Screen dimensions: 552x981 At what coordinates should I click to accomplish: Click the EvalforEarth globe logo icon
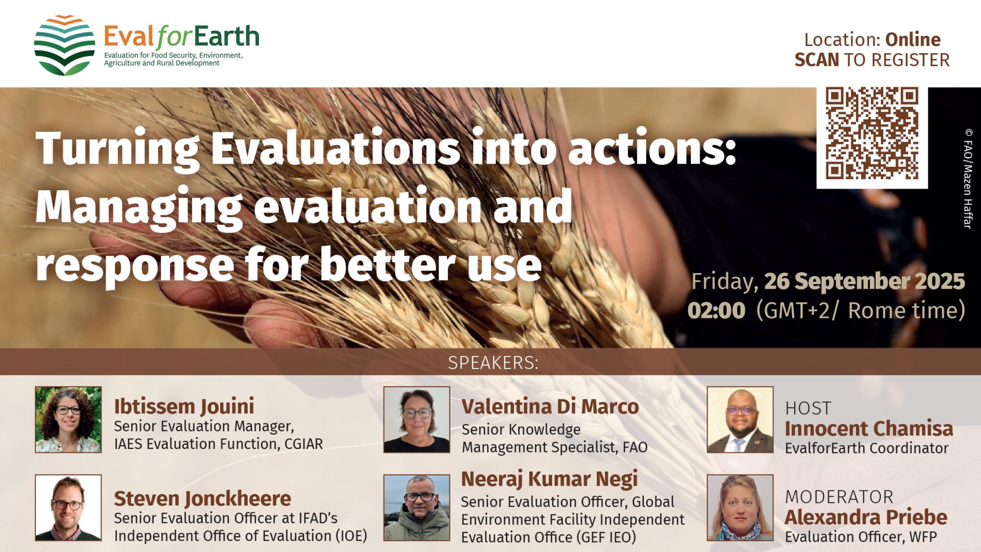click(64, 45)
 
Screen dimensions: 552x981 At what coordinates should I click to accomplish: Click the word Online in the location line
click(913, 40)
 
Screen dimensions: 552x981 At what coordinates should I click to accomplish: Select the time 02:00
click(716, 311)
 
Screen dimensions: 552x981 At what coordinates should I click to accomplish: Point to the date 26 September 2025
click(864, 282)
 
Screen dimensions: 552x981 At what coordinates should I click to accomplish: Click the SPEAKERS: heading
click(493, 363)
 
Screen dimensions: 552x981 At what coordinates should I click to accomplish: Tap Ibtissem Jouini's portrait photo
click(68, 420)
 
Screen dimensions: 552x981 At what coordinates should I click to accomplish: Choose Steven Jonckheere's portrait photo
click(68, 507)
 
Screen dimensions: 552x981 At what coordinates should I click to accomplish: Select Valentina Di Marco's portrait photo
click(417, 420)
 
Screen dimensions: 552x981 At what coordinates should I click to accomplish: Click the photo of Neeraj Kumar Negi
click(417, 507)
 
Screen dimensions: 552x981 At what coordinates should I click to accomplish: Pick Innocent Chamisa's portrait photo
click(740, 420)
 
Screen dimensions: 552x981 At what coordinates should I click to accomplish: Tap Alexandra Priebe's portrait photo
click(740, 507)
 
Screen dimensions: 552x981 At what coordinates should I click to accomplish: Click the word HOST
click(808, 408)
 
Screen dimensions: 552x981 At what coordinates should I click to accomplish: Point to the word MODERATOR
click(839, 497)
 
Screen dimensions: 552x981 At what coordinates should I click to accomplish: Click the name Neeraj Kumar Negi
click(549, 479)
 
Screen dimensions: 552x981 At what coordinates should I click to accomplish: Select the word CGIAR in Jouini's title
click(303, 444)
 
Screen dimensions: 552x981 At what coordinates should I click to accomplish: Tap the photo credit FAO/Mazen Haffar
click(968, 179)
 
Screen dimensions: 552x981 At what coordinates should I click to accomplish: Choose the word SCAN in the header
click(816, 60)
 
